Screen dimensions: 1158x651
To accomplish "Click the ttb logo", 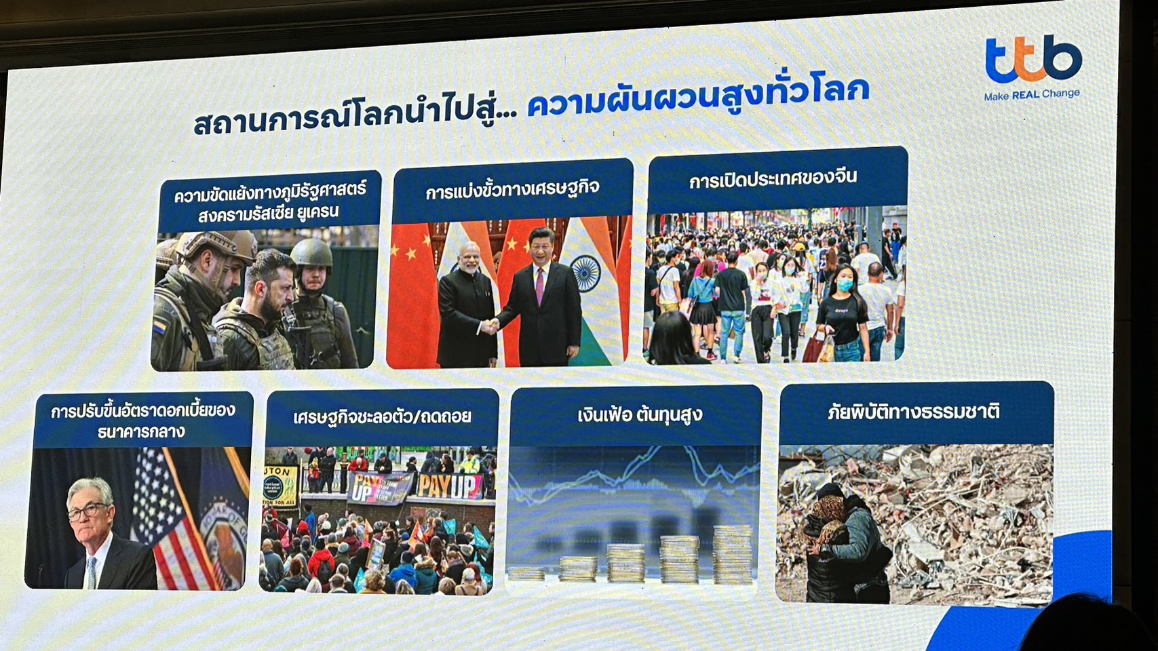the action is point(1033,59).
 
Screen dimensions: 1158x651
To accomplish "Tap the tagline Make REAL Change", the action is point(1032,94).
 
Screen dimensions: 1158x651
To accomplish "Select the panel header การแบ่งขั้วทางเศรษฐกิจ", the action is point(512,190).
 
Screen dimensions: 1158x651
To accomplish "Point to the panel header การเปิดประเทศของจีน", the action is point(773,179).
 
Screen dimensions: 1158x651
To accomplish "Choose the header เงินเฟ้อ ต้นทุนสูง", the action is point(640,414).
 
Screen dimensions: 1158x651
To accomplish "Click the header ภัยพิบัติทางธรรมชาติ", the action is point(914,412).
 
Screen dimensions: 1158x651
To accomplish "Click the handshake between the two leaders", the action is point(490,325).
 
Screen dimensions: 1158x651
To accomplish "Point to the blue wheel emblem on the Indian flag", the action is point(585,273).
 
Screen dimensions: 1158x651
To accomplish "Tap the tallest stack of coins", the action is point(733,555).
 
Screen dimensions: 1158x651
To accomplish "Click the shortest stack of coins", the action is point(526,574).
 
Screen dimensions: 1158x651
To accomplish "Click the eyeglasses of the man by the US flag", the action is point(88,511).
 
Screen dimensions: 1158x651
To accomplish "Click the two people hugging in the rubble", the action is point(845,542).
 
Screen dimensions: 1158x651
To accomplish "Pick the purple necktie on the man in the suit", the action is point(540,285).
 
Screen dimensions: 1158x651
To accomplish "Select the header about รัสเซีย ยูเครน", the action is point(269,200).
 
